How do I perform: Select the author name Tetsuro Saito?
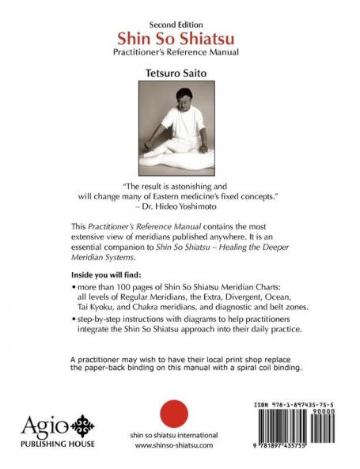coord(179,72)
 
